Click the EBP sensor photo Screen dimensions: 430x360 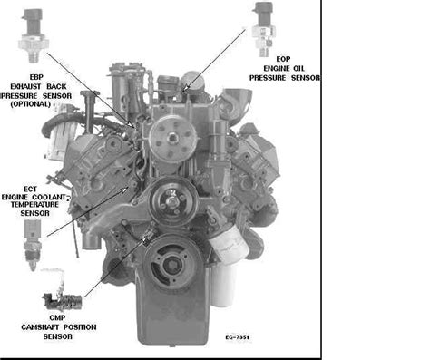tap(34, 35)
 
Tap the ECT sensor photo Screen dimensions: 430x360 tap(33, 244)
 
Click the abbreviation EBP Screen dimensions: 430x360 tap(36, 77)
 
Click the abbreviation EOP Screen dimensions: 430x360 tap(283, 59)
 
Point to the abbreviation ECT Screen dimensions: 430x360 tap(30, 190)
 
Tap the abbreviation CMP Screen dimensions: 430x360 tap(57, 318)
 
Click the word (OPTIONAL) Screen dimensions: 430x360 tap(31, 104)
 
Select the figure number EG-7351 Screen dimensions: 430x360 tap(237, 337)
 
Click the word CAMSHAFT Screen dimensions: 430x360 tap(40, 327)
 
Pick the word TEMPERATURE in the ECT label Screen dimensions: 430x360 tap(34, 205)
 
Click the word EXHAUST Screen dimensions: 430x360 tap(25, 87)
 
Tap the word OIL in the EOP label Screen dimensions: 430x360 tap(298, 69)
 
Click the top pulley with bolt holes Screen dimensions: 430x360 tap(173, 139)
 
